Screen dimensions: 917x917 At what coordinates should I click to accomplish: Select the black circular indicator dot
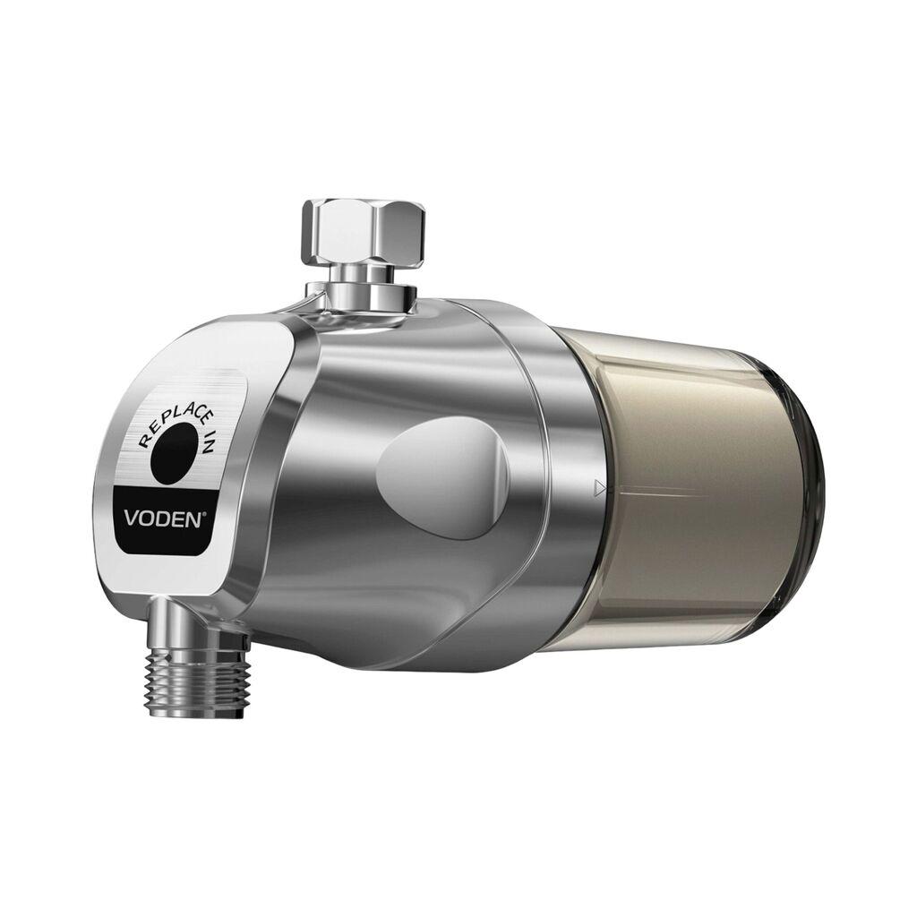(176, 453)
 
